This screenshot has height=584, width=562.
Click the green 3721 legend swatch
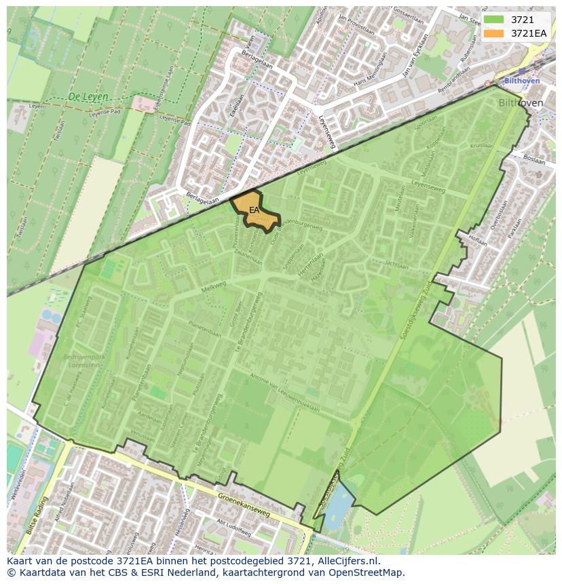tap(493, 19)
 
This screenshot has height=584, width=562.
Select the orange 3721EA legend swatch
tap(493, 33)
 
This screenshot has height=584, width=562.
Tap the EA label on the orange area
tap(254, 210)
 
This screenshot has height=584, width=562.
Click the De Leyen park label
tap(88, 97)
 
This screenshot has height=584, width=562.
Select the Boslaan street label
tap(535, 161)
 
